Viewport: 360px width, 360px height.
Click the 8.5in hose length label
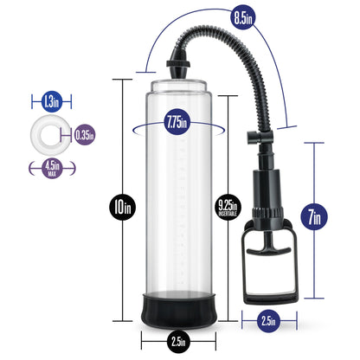point(243,18)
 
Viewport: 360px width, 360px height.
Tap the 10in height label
point(122,207)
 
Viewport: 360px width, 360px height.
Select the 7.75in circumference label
point(177,122)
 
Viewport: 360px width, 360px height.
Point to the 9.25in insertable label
point(228,207)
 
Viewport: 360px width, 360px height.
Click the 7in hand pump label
point(314,216)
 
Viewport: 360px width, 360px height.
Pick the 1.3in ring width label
point(52,101)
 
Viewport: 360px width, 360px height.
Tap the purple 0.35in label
point(84,134)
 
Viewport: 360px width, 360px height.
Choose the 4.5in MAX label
point(52,168)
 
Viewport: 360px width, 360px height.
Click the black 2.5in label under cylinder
point(178,342)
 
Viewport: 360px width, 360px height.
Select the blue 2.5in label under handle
point(268,321)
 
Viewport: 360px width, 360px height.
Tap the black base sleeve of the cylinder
point(178,310)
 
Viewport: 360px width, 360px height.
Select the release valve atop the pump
point(260,136)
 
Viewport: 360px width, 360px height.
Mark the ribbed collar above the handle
point(268,214)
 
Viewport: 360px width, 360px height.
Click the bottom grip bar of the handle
point(271,297)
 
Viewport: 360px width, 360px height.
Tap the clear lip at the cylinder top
point(179,86)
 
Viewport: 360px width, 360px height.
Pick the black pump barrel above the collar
point(267,188)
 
